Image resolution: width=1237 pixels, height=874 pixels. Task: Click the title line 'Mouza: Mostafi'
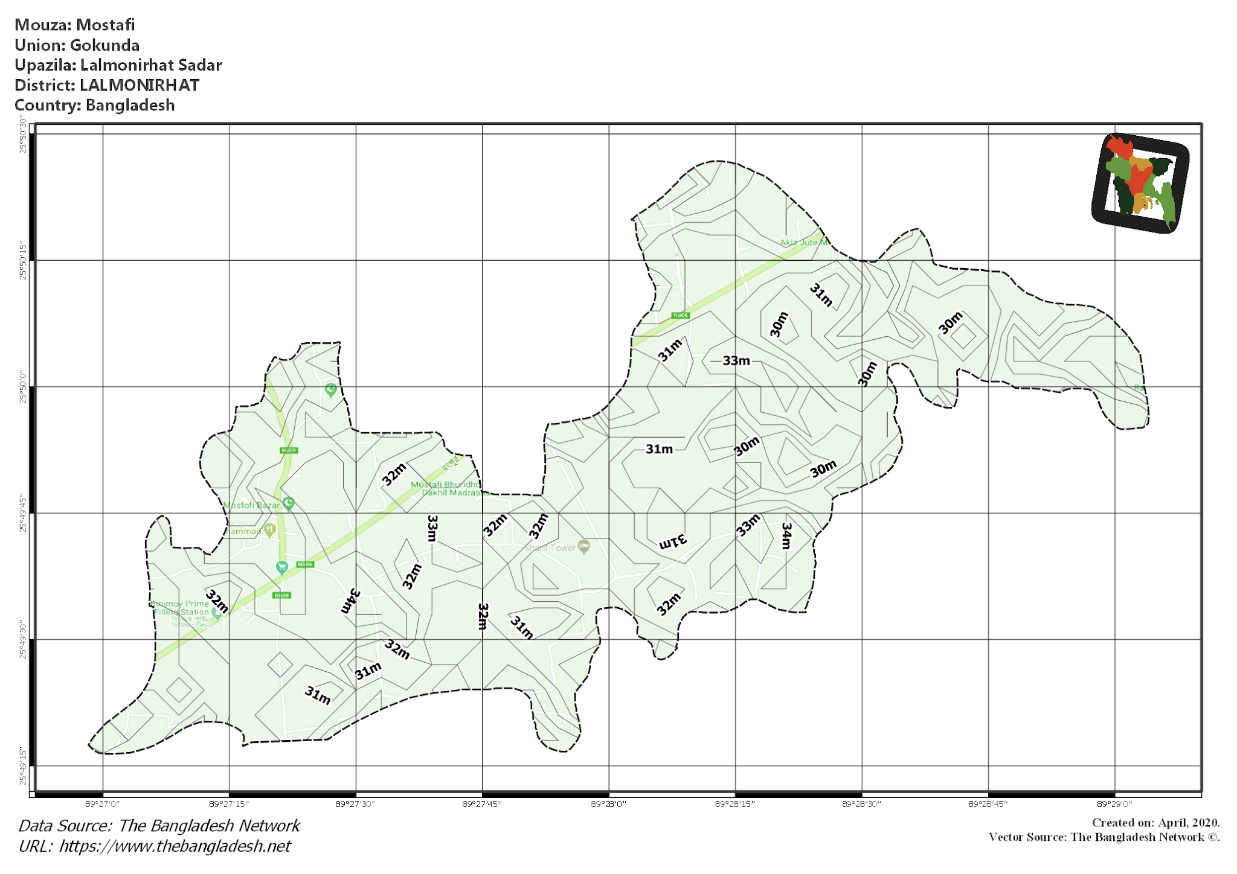[74, 25]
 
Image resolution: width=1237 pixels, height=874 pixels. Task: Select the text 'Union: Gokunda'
[77, 45]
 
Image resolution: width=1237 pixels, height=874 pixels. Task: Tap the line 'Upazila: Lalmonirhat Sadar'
[118, 65]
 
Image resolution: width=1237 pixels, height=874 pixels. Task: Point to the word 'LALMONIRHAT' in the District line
[139, 85]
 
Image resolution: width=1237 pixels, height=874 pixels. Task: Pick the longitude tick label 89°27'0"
[102, 804]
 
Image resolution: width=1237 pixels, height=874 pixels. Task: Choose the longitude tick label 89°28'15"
[734, 804]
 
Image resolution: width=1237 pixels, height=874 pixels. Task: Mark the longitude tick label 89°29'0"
[1114, 804]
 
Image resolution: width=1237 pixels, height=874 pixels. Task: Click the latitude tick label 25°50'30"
[23, 138]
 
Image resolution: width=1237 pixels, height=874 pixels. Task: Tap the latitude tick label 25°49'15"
[23, 767]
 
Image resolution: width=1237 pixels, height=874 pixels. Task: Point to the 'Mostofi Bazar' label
[252, 505]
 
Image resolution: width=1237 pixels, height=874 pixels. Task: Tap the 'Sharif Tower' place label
[550, 548]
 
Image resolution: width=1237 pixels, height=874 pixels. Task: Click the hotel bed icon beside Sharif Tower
[583, 546]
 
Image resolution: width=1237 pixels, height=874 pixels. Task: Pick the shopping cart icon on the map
[281, 567]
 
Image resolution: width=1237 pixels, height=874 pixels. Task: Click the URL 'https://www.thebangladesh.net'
[175, 846]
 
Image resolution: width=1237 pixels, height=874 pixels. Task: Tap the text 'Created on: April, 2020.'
[1155, 823]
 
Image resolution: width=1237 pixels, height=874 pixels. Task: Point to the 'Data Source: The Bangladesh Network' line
[159, 826]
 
